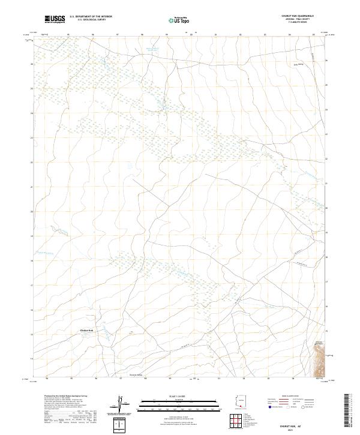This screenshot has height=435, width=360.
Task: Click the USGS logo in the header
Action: (55, 20)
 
